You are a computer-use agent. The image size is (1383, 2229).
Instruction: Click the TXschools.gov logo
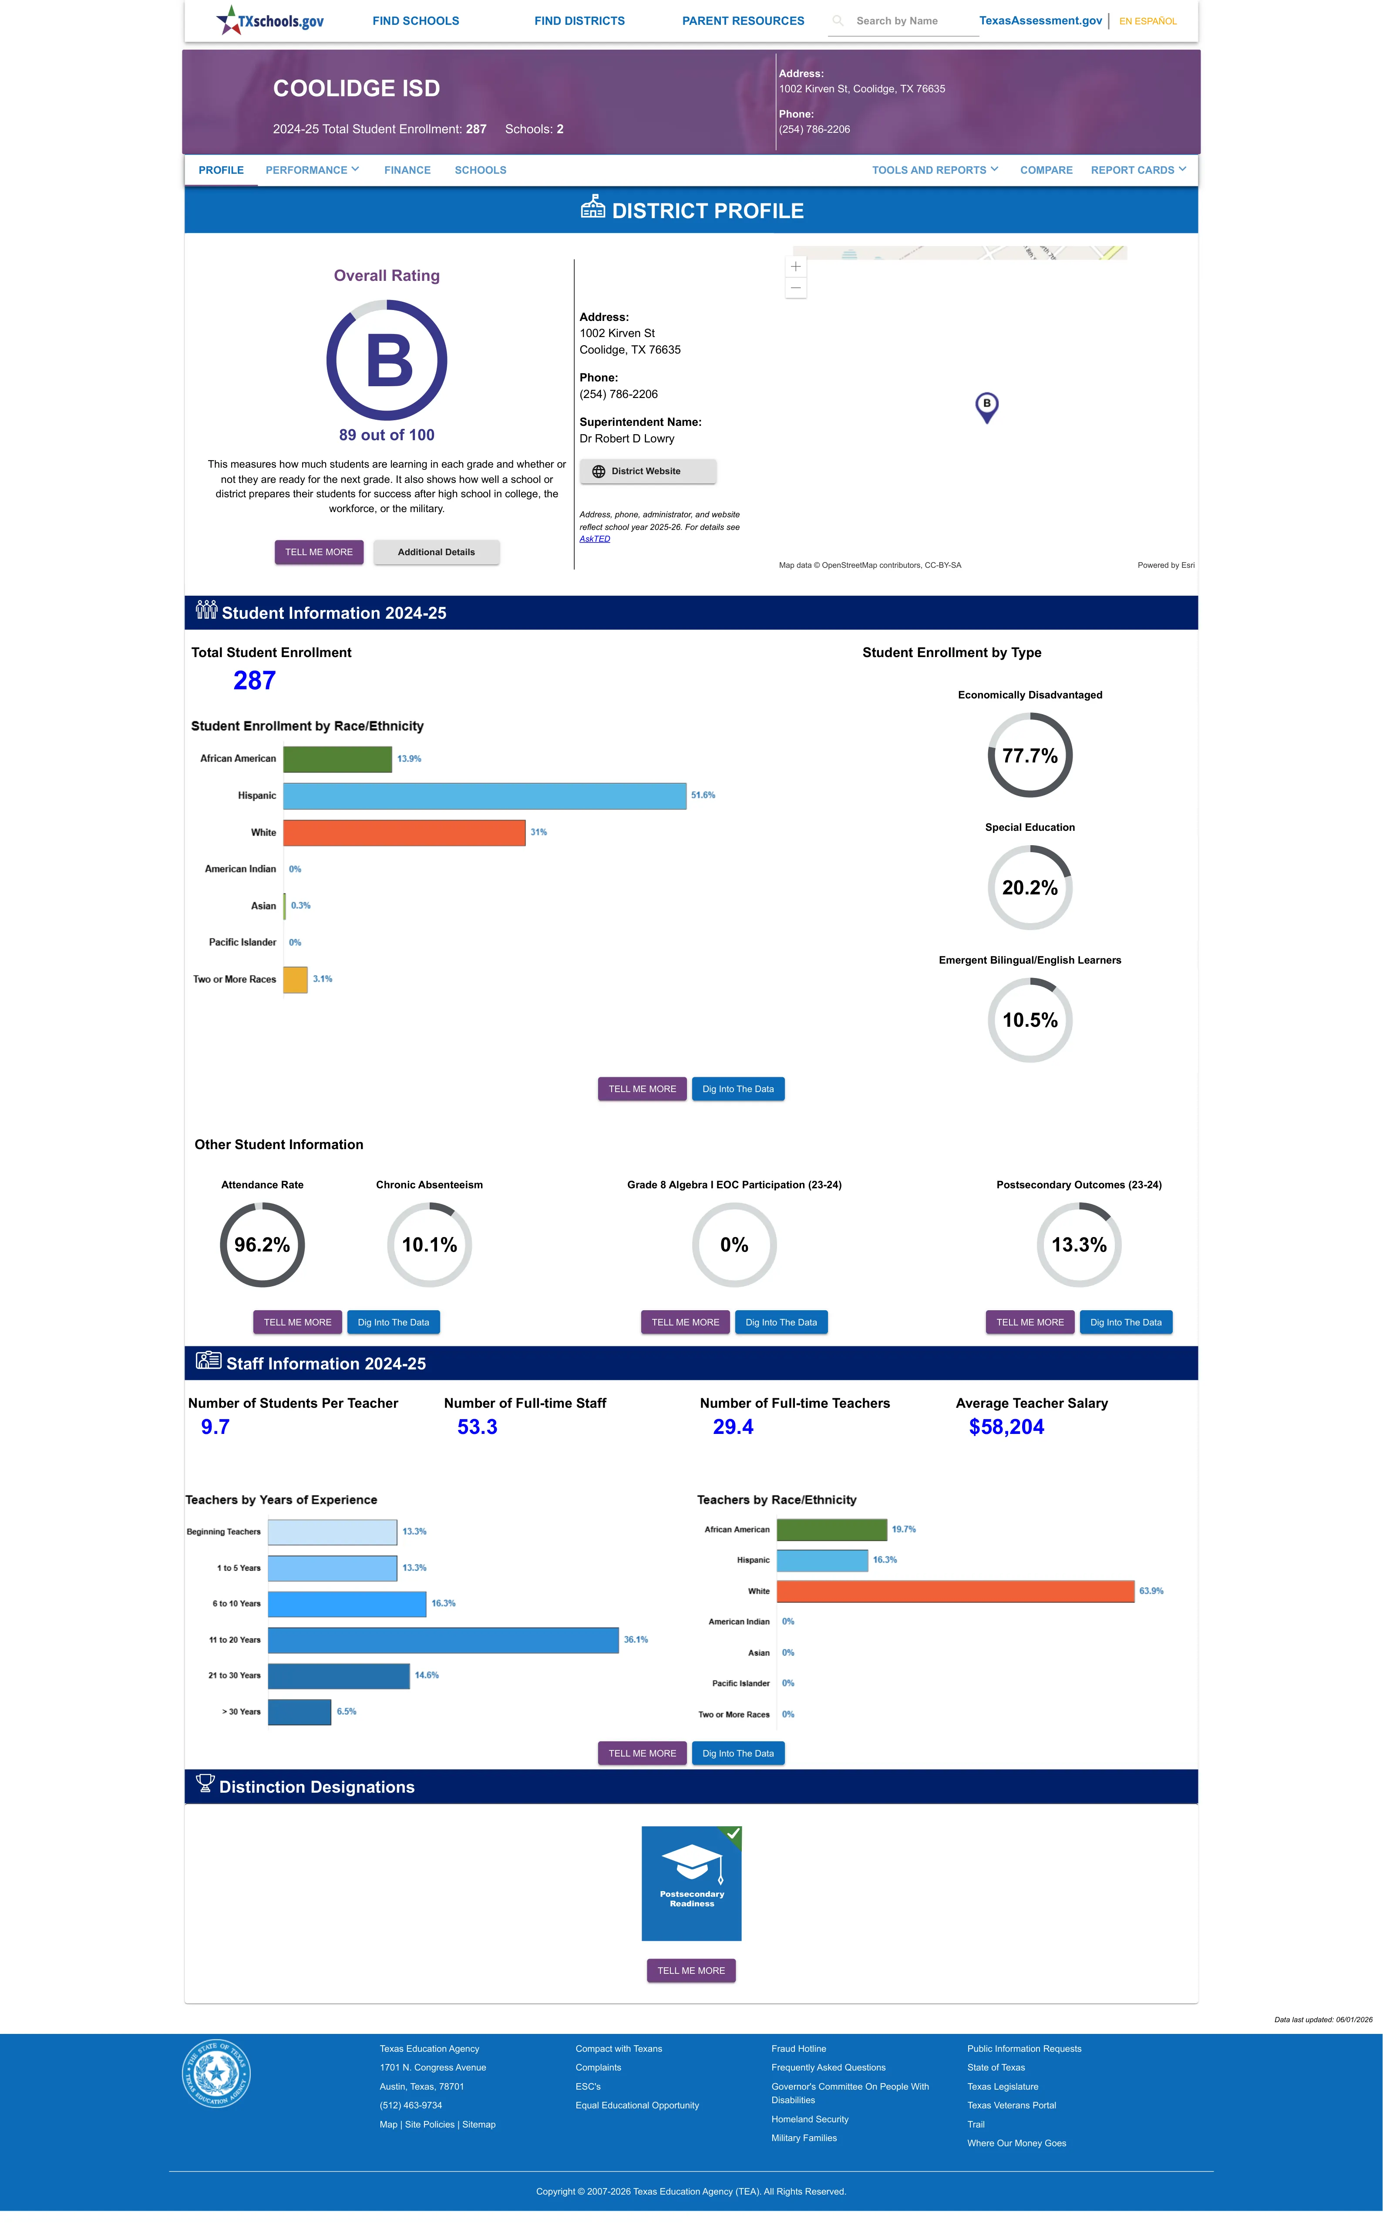click(270, 20)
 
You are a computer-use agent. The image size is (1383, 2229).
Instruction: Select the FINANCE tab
click(407, 170)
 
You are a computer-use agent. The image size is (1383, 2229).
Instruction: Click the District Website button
click(648, 471)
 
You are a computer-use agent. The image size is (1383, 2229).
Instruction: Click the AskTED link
click(595, 539)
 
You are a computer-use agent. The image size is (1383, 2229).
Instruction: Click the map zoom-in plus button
click(796, 266)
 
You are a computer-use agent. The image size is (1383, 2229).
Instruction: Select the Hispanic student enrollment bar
click(485, 796)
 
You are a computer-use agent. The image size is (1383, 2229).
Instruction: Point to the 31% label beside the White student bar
click(539, 832)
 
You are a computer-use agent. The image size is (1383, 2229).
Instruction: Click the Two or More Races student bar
click(296, 980)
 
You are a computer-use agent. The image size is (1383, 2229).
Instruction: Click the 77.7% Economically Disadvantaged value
click(1030, 755)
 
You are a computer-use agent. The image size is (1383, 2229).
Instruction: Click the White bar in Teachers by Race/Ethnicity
click(956, 1592)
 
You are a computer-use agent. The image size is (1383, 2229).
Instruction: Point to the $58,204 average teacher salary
click(1006, 1427)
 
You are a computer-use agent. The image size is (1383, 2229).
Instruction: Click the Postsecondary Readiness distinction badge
click(691, 1883)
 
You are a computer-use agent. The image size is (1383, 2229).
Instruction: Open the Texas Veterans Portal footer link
click(1012, 2105)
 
